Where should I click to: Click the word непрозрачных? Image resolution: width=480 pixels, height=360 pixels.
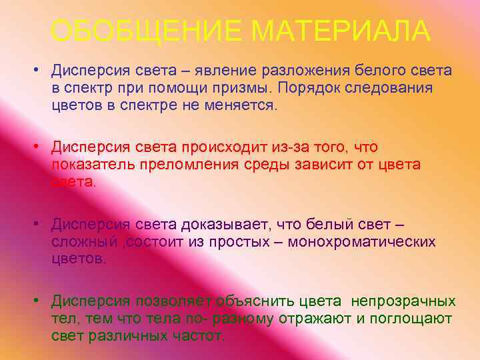403,301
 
